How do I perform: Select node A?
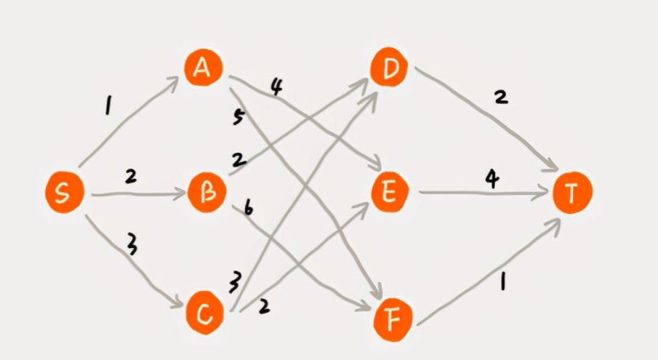click(204, 68)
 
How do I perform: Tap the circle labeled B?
click(207, 193)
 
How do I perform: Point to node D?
click(390, 68)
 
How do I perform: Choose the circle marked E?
click(390, 193)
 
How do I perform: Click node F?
click(393, 319)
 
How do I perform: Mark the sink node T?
click(572, 193)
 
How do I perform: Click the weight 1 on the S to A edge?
click(108, 108)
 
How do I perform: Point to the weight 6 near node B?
click(247, 209)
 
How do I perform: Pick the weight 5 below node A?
click(238, 117)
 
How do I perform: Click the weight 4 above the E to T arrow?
click(492, 179)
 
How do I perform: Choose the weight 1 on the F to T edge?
click(502, 279)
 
